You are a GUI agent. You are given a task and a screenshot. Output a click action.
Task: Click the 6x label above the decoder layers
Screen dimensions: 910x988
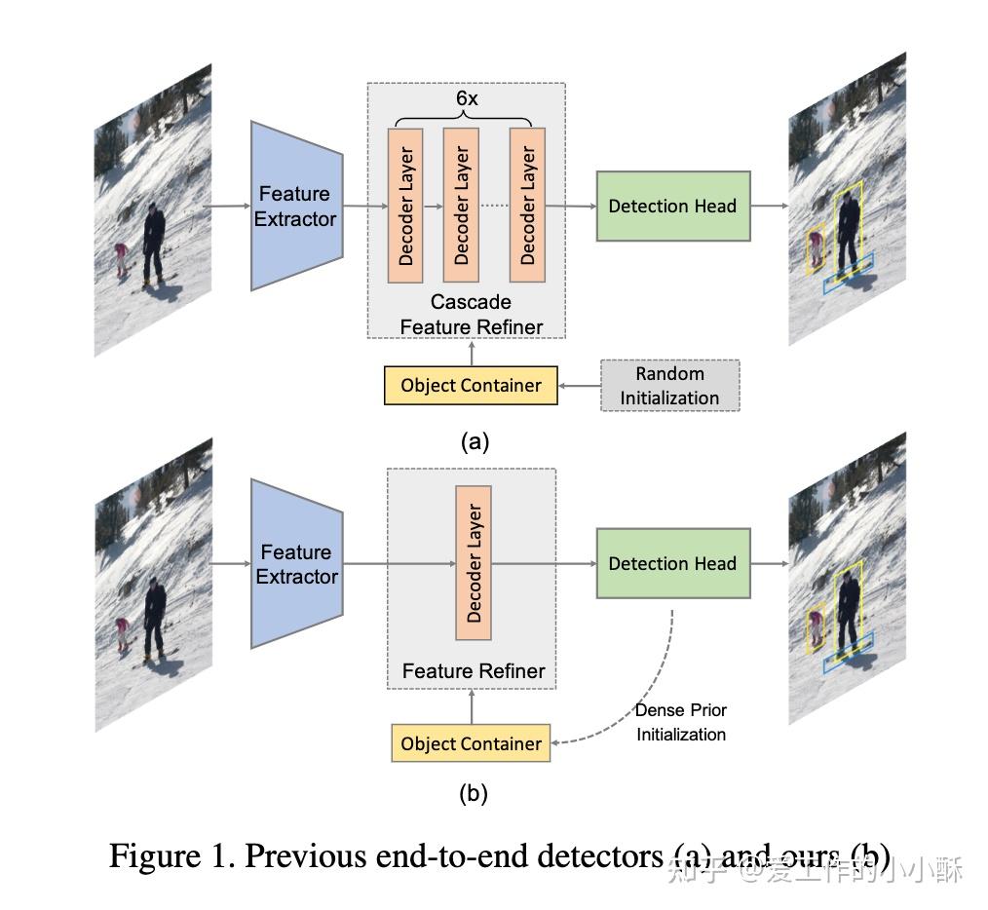[467, 98]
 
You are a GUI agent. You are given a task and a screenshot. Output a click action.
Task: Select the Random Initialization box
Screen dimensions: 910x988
[669, 385]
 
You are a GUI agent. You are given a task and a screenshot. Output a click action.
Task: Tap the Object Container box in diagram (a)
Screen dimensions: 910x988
[471, 385]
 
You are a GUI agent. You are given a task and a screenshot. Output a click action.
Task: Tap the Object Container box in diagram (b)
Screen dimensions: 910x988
[471, 743]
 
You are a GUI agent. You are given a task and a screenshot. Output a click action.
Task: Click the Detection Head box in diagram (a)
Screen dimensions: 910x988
[672, 206]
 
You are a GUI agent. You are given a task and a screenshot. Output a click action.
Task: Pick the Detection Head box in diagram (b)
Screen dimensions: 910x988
[672, 563]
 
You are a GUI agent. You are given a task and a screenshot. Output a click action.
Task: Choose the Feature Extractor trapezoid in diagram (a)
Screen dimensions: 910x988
[295, 206]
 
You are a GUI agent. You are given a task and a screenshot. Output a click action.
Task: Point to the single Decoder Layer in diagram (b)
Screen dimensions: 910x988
[474, 563]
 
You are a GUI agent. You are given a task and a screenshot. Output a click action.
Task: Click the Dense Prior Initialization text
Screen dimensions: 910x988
[681, 722]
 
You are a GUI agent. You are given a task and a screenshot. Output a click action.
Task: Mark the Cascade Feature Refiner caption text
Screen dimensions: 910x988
[471, 314]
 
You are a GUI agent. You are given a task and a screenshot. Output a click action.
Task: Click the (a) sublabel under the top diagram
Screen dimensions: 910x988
[475, 441]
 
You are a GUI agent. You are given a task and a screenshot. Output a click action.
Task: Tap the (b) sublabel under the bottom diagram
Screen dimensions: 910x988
[474, 793]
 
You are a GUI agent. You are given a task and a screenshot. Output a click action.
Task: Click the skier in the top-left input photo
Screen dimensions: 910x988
[154, 242]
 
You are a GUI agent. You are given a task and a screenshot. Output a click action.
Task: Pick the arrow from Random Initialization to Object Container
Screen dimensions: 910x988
[579, 385]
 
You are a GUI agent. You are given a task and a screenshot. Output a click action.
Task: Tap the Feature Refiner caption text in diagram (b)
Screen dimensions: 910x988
[474, 671]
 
